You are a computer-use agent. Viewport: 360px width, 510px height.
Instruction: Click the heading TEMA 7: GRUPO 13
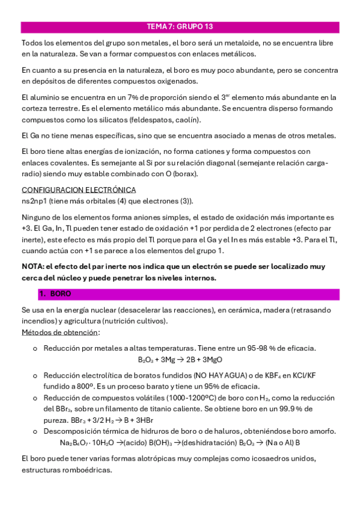[180, 27]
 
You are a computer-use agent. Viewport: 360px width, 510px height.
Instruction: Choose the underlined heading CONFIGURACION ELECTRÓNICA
[79, 190]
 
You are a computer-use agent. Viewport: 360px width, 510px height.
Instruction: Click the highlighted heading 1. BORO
[55, 294]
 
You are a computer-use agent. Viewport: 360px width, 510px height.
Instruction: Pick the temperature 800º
[84, 386]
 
